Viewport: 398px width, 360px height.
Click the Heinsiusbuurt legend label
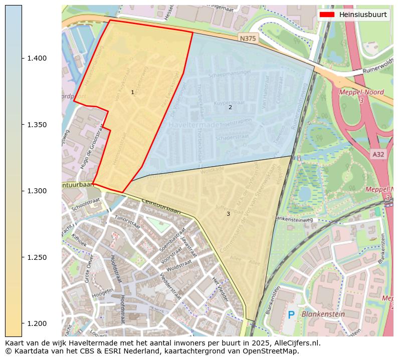tap(362, 15)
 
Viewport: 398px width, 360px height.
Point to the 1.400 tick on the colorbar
tap(37, 59)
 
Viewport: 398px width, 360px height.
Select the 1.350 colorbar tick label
tap(37, 125)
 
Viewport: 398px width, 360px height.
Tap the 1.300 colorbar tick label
tap(37, 191)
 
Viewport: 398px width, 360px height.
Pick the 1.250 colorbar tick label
tap(37, 257)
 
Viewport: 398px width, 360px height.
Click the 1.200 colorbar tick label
tap(37, 324)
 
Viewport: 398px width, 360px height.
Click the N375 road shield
tap(248, 39)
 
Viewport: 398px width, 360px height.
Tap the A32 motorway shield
tap(378, 155)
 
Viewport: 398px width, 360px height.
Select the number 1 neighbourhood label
tap(132, 92)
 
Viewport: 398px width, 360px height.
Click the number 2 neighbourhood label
tap(230, 107)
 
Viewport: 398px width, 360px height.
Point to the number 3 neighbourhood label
tap(228, 214)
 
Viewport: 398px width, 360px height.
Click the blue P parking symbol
tap(291, 315)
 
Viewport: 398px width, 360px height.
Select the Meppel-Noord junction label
tap(361, 93)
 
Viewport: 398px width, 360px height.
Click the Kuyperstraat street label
tap(225, 103)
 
